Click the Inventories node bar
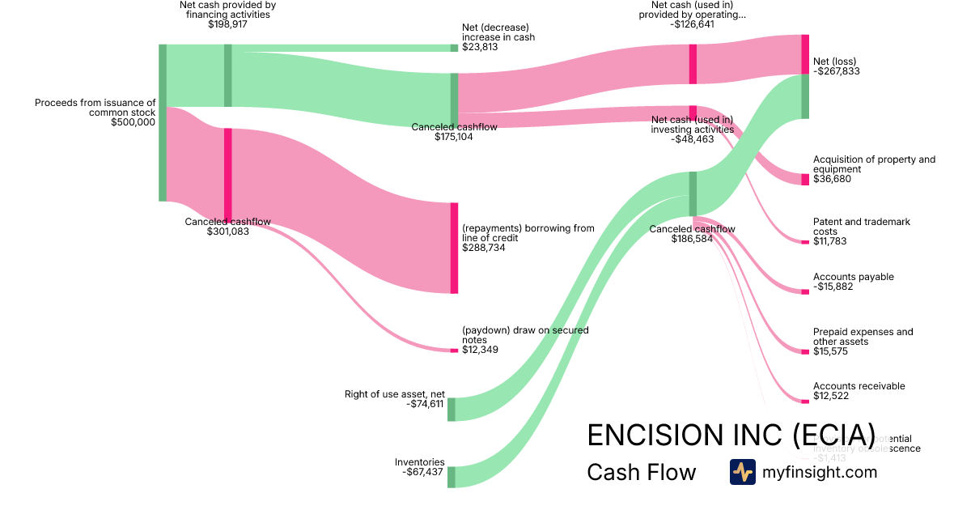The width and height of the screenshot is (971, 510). coord(452,477)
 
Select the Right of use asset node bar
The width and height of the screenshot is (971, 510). coord(452,409)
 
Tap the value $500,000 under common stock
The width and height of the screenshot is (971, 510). coord(133,122)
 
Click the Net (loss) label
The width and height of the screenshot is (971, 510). coord(834,62)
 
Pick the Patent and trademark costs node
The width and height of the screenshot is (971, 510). coord(805,242)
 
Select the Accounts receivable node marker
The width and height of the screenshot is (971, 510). coord(805,402)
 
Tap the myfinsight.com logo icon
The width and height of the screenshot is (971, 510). coord(742,472)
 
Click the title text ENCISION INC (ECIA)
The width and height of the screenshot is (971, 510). coord(731,435)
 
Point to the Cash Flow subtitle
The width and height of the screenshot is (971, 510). coord(641,472)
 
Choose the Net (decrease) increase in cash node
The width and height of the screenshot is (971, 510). coord(454,48)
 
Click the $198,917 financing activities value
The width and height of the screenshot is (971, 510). coord(227,24)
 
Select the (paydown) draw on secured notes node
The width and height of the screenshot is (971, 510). coord(454,351)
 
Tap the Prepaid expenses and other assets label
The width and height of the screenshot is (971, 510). coord(863,337)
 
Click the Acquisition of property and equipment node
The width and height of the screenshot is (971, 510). coord(805,179)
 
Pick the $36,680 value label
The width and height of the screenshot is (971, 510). coord(832,179)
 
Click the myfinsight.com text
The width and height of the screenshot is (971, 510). coord(820,472)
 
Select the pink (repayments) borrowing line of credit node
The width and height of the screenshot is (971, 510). coord(454,248)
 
